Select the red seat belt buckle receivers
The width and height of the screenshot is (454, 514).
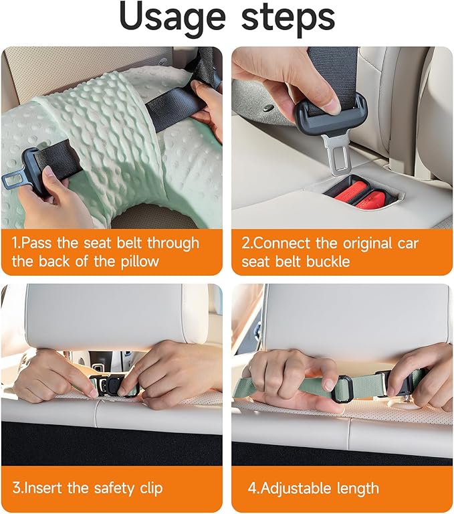click(x=363, y=195)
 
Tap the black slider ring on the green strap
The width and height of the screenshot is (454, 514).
click(x=341, y=389)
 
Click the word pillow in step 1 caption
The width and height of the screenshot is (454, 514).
click(x=140, y=262)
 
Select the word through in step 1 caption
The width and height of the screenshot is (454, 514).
click(x=173, y=244)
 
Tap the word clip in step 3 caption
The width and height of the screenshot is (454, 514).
click(x=151, y=488)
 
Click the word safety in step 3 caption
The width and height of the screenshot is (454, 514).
click(x=114, y=488)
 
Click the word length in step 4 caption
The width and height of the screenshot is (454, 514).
click(x=358, y=489)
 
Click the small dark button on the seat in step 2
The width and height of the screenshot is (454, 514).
click(x=269, y=107)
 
